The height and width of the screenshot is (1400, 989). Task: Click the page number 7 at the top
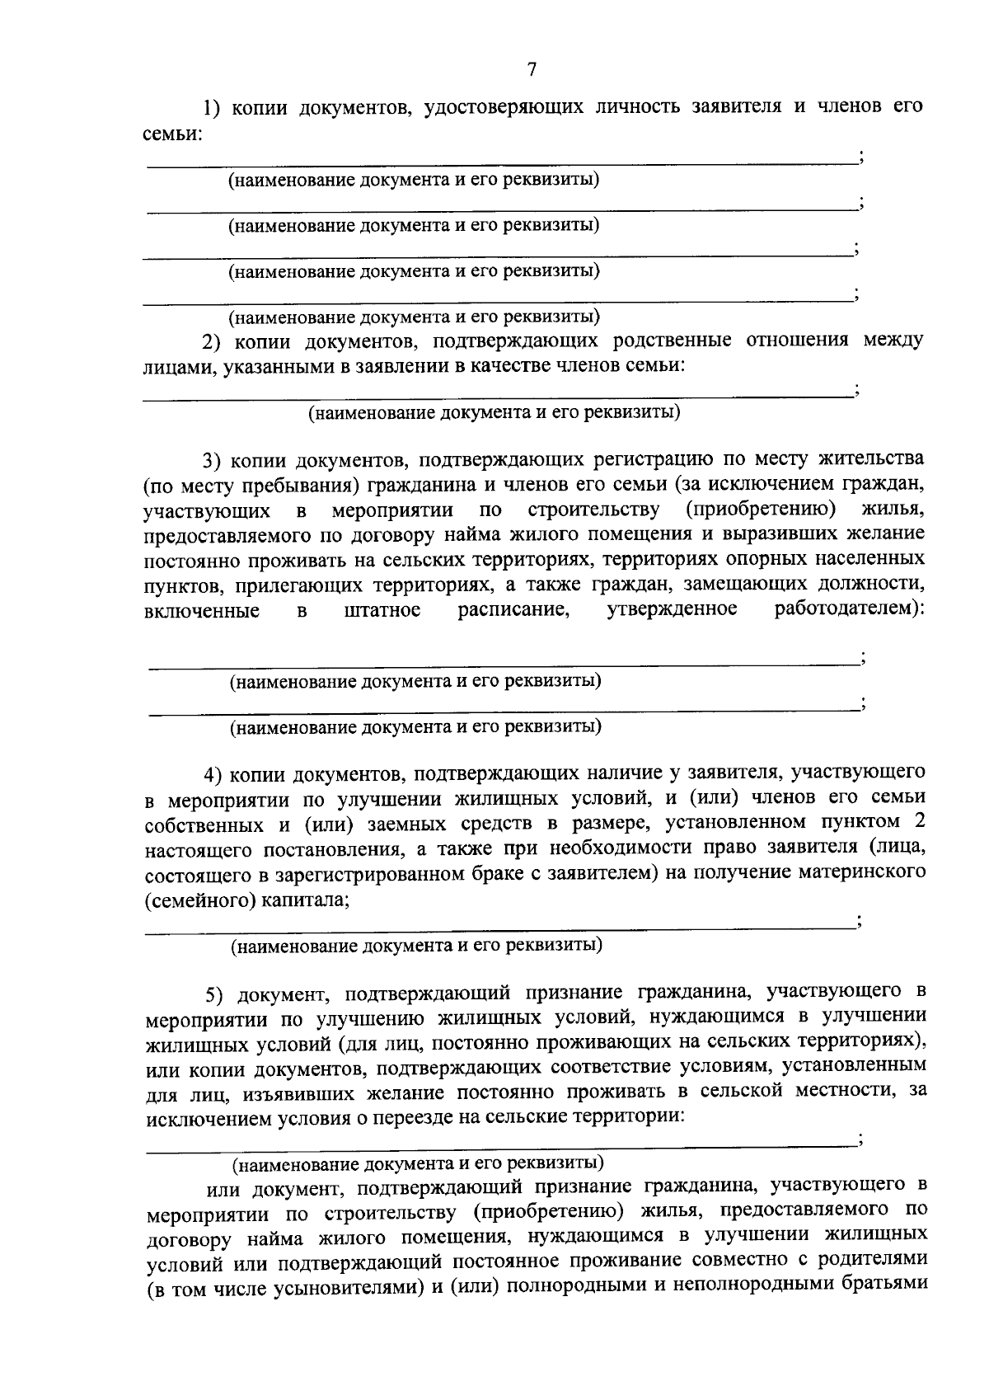[532, 70]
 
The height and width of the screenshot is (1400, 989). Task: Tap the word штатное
[382, 611]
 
